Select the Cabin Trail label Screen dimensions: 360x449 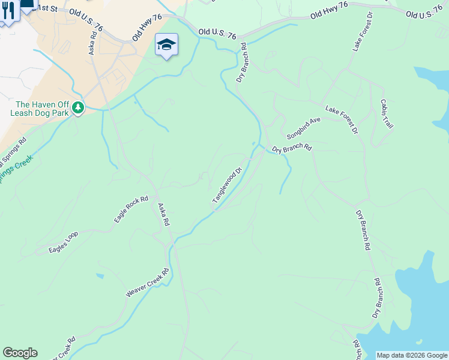(x=385, y=113)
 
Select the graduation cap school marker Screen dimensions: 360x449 (x=166, y=44)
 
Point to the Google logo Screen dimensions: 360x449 (x=20, y=353)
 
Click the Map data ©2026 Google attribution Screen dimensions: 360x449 (x=412, y=355)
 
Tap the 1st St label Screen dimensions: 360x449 (x=45, y=8)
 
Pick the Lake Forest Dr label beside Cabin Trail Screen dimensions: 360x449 (x=342, y=119)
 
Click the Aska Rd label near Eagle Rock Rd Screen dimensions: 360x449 (x=164, y=214)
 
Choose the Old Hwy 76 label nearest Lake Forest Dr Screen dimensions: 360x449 (x=329, y=11)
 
